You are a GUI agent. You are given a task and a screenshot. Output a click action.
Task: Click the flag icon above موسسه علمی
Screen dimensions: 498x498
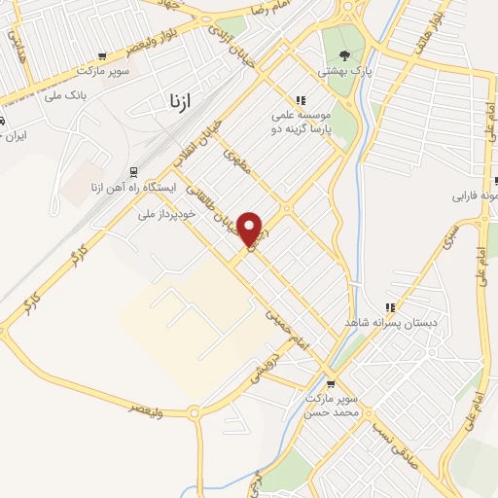[x=301, y=100]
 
